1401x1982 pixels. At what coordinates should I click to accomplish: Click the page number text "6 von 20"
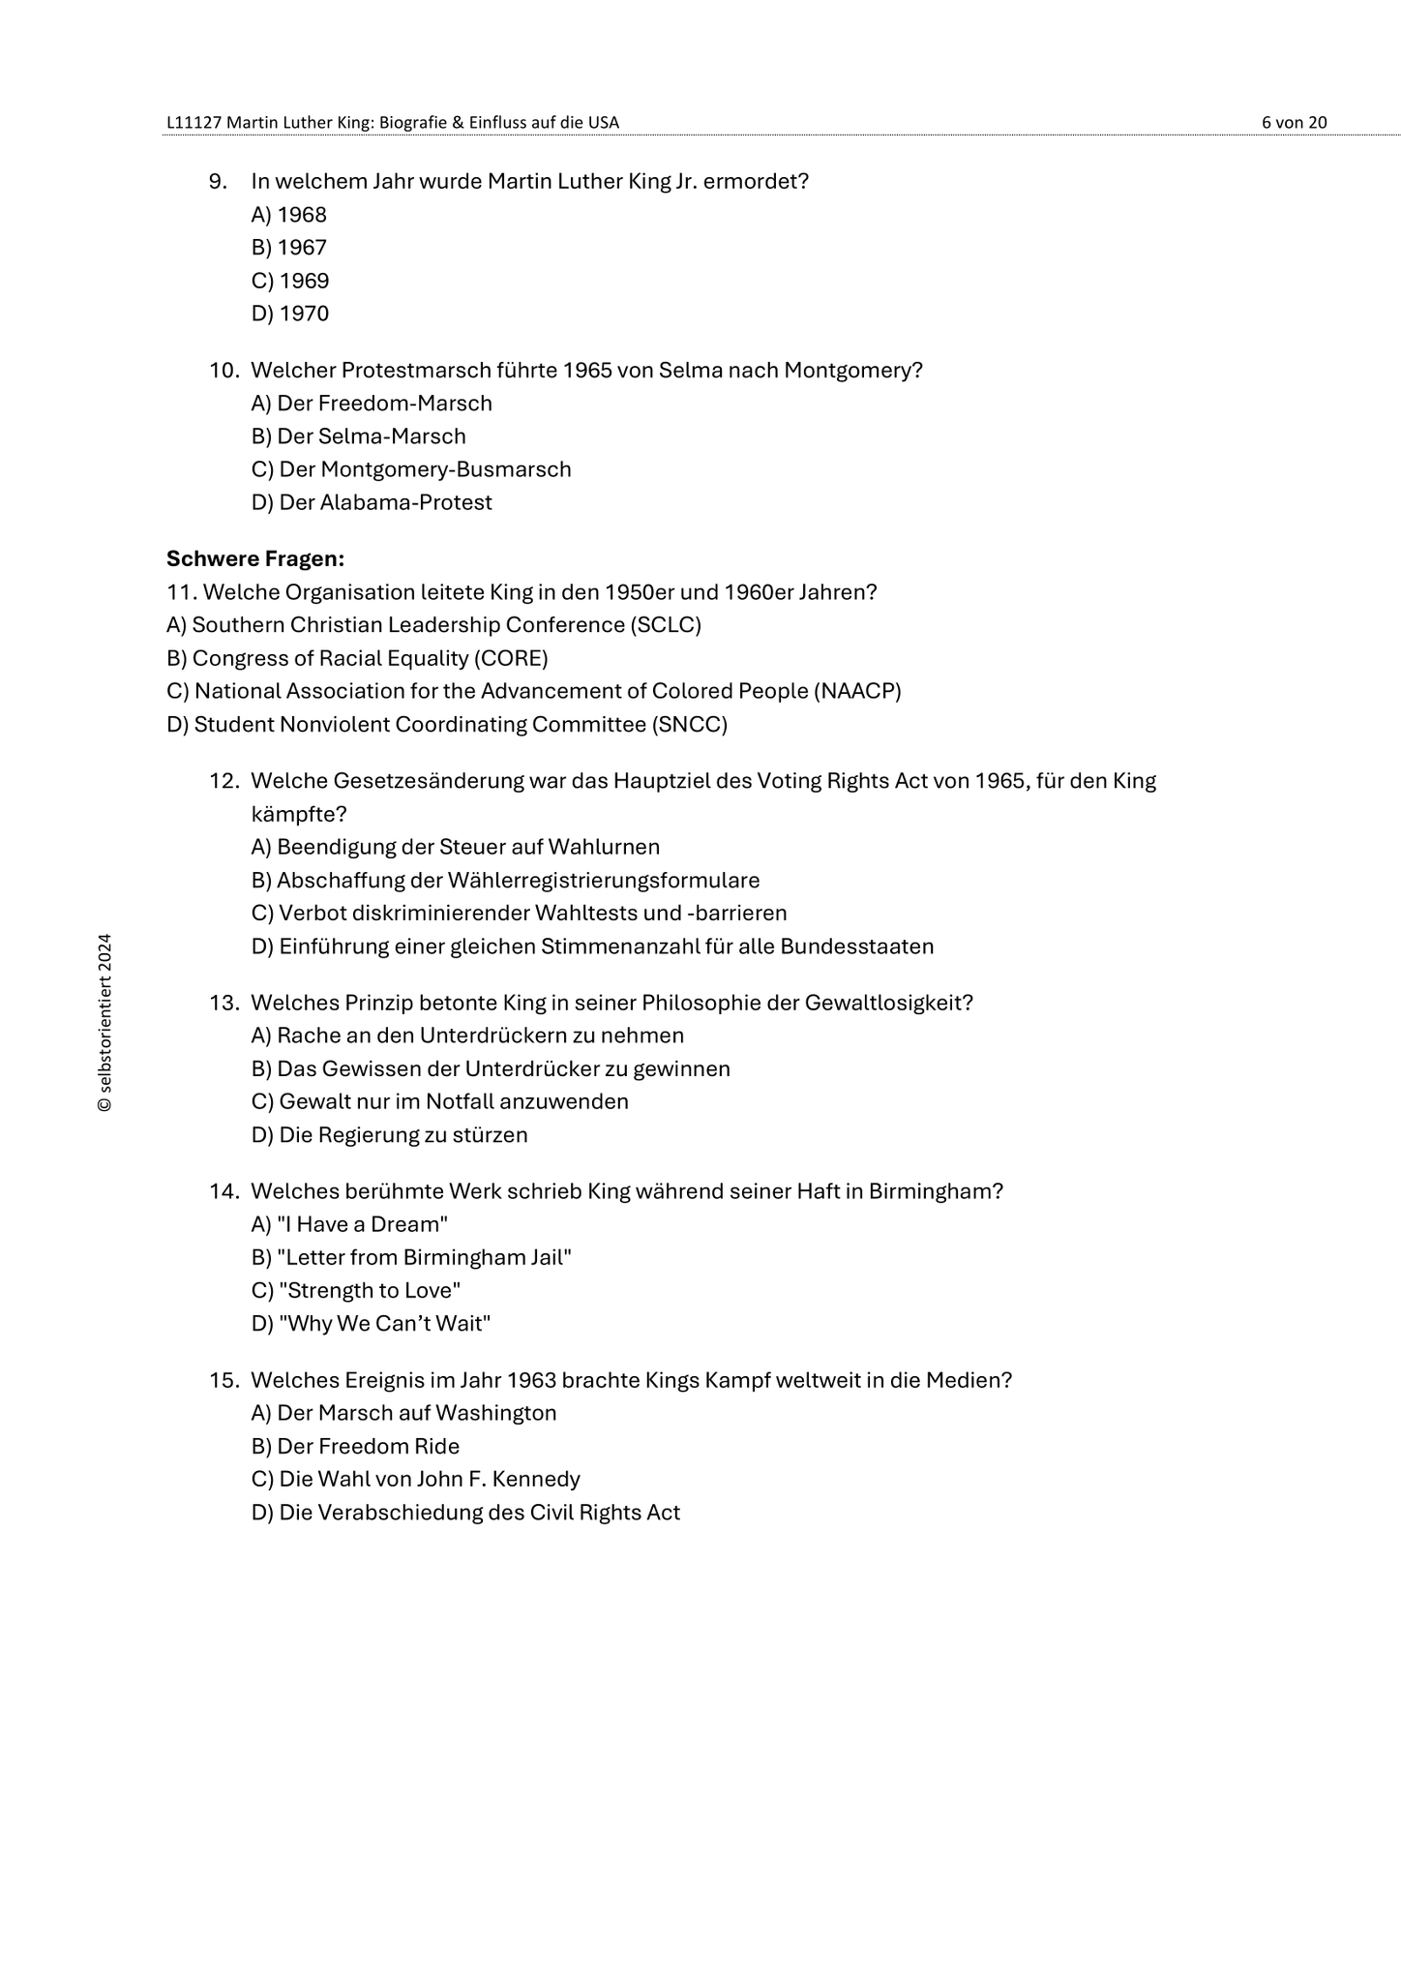(1294, 122)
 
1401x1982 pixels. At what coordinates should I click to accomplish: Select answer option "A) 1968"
(289, 215)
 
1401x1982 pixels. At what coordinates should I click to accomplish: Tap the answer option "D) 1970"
(290, 314)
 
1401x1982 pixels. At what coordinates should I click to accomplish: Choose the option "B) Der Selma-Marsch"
(358, 436)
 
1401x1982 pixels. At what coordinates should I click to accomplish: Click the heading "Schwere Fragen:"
(255, 558)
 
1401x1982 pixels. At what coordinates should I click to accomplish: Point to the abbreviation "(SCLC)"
(666, 625)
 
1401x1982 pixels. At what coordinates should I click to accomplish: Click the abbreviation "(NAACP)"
(857, 691)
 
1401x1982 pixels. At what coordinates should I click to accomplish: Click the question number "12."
(224, 781)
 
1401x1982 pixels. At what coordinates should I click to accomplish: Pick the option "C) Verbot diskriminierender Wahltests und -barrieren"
(519, 913)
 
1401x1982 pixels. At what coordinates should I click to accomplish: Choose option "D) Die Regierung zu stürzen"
(389, 1134)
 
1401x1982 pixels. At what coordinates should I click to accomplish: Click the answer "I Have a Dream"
(362, 1224)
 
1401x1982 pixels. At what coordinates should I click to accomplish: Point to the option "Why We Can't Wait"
(385, 1323)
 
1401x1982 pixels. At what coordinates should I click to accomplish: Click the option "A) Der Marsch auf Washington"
(403, 1413)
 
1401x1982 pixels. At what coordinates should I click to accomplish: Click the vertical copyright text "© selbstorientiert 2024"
(104, 1023)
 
